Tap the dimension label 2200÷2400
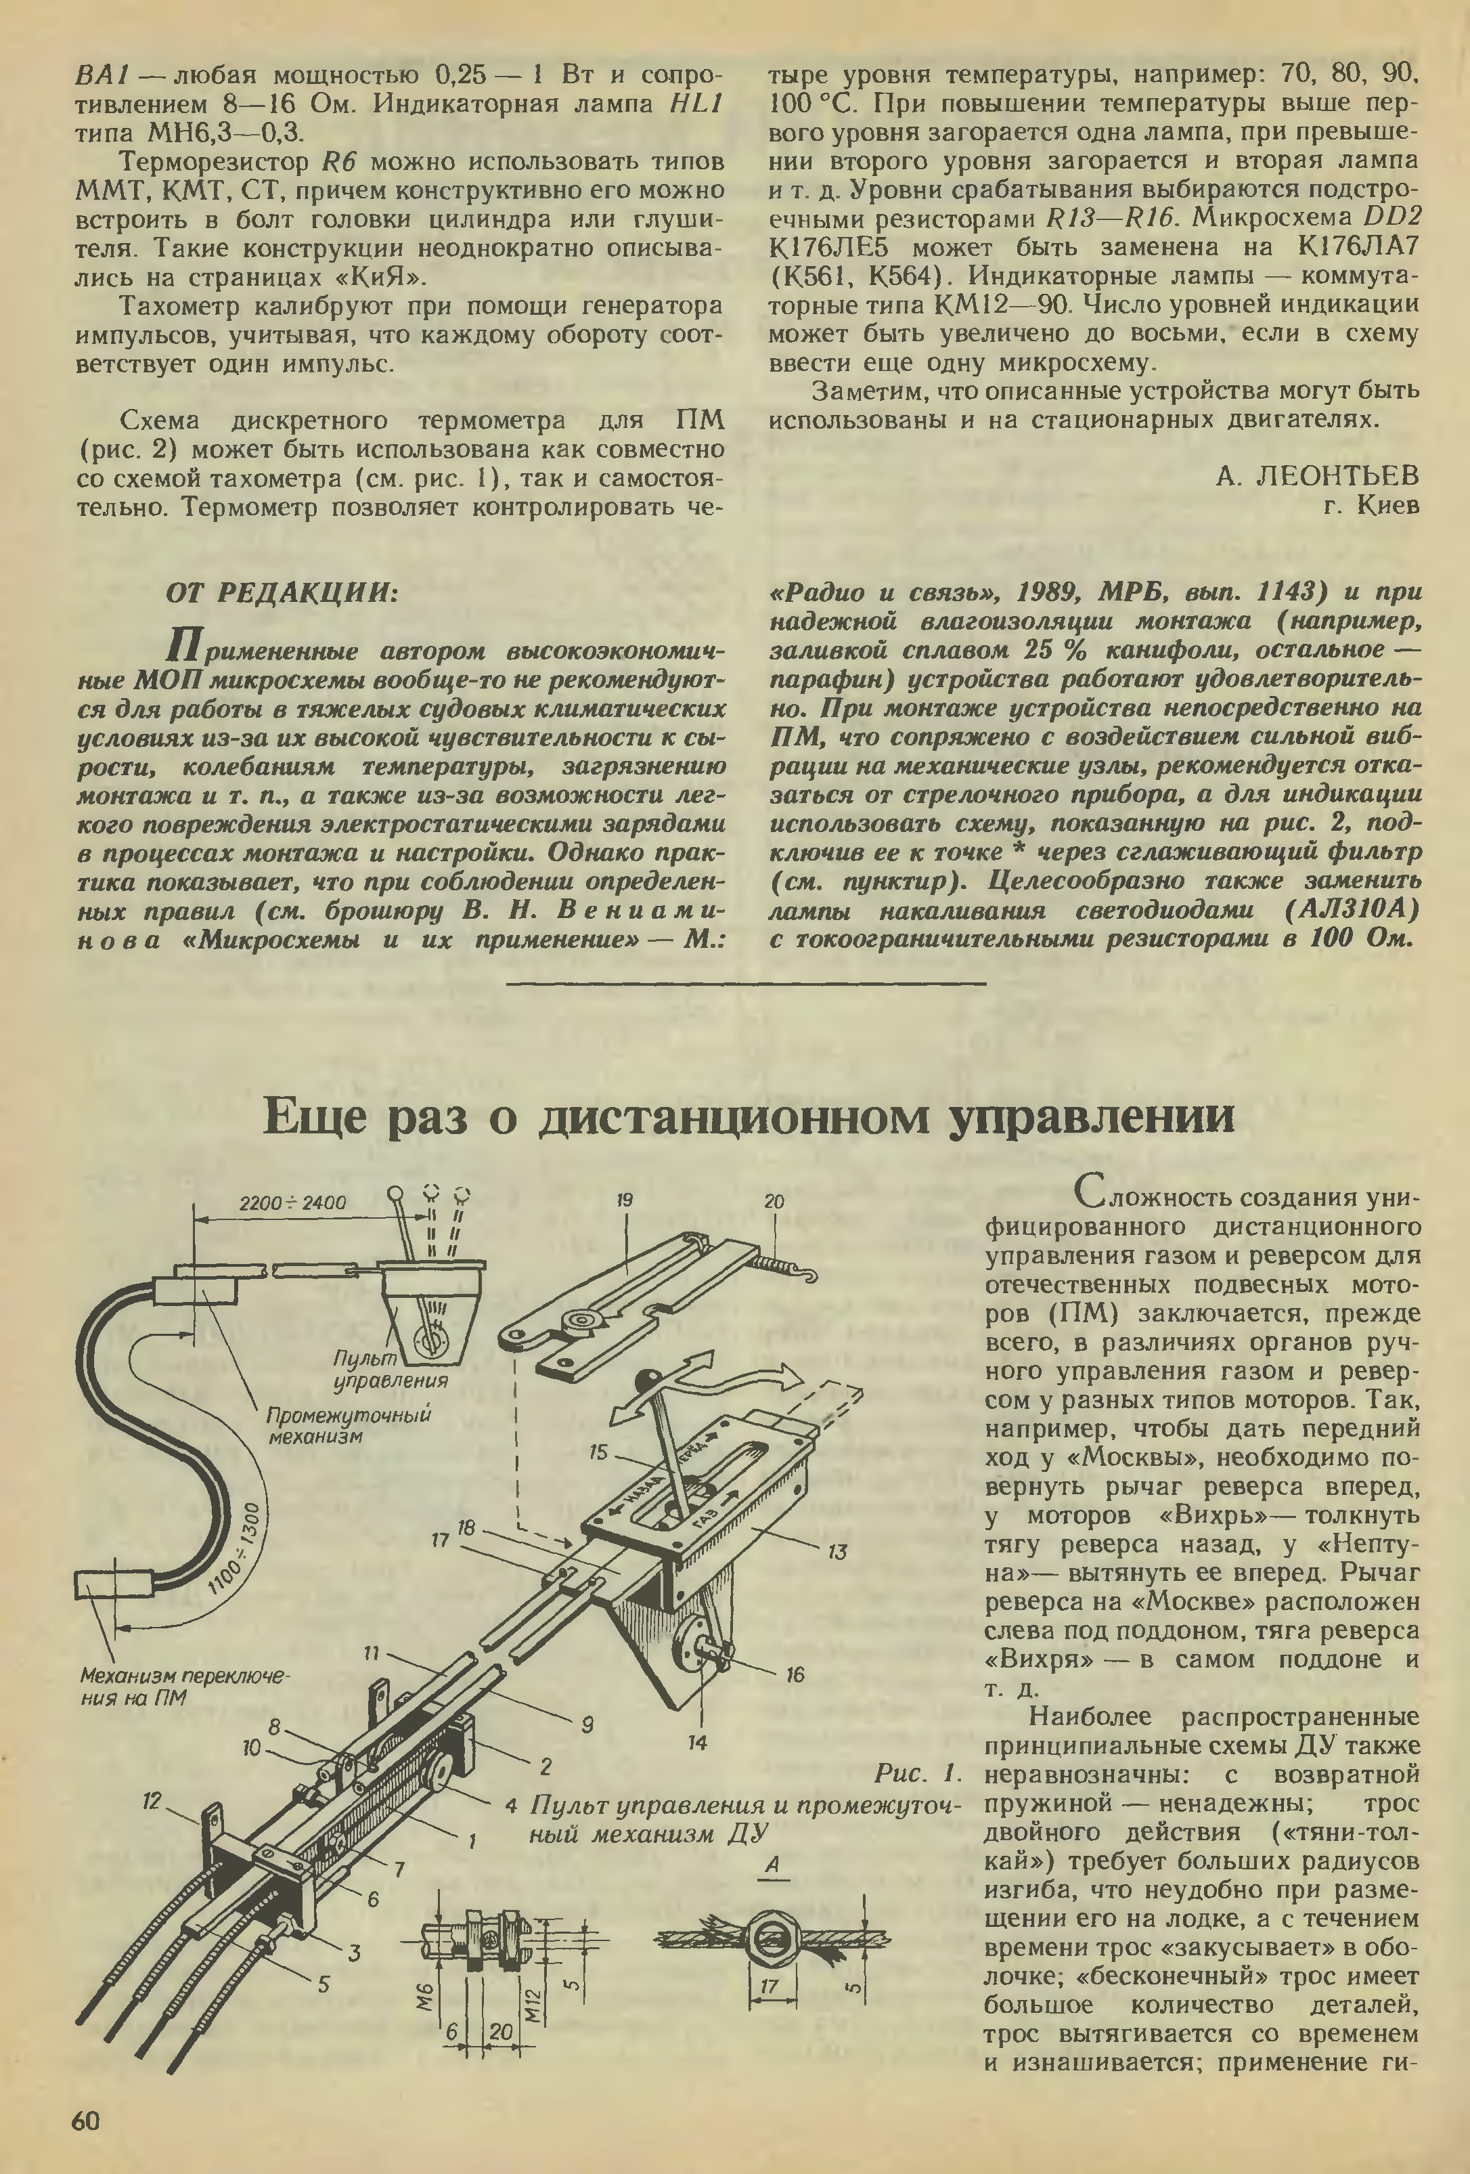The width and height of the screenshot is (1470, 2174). click(x=292, y=1203)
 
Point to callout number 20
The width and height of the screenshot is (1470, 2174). click(x=774, y=1201)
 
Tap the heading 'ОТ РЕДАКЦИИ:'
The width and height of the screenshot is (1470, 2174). click(x=282, y=592)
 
